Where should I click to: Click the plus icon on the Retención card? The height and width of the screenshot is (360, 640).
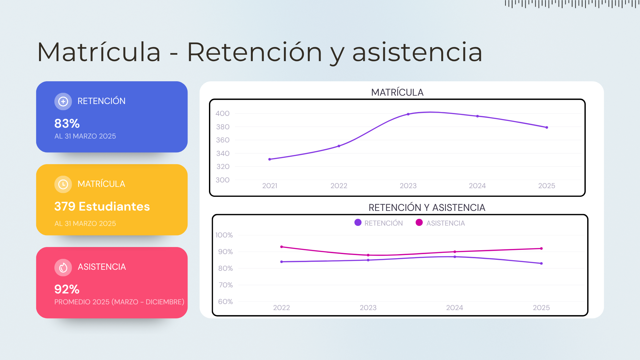point(63,101)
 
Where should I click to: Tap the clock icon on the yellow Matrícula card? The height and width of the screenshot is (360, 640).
point(63,184)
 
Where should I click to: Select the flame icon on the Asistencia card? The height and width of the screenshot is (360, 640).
point(63,268)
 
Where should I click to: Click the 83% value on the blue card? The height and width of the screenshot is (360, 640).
point(67,124)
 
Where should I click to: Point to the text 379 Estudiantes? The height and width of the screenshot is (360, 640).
point(102,206)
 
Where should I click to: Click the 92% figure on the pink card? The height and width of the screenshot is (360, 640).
point(67,289)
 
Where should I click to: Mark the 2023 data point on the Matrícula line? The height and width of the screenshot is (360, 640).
point(408,114)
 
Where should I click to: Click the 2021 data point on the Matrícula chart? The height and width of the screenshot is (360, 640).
point(270,159)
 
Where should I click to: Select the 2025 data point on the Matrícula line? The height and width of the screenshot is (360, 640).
point(547,127)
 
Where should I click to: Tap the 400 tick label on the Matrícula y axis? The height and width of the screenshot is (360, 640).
point(222,113)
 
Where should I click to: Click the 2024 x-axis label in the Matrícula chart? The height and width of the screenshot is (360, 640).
point(477,186)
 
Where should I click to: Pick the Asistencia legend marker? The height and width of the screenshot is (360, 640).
point(419,222)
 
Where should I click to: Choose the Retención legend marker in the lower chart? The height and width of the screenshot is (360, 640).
point(358,222)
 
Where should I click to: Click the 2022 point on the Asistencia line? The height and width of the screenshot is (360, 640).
point(282,247)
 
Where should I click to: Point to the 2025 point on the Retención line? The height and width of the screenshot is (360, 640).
point(541,263)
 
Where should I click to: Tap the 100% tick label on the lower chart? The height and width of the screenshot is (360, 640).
point(224,235)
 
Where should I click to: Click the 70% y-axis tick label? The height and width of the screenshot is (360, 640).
point(226,285)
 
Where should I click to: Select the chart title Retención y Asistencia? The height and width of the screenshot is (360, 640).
point(427,208)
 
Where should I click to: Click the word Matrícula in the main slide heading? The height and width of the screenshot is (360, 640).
point(99,52)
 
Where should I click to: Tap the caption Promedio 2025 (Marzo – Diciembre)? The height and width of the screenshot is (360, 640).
point(119,302)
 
